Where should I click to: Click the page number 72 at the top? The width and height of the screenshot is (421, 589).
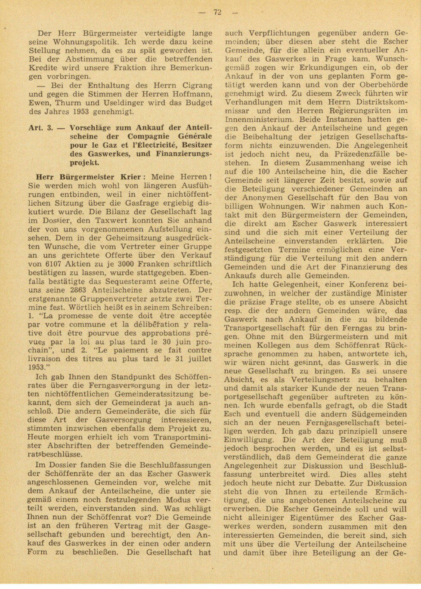[x=217, y=12]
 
